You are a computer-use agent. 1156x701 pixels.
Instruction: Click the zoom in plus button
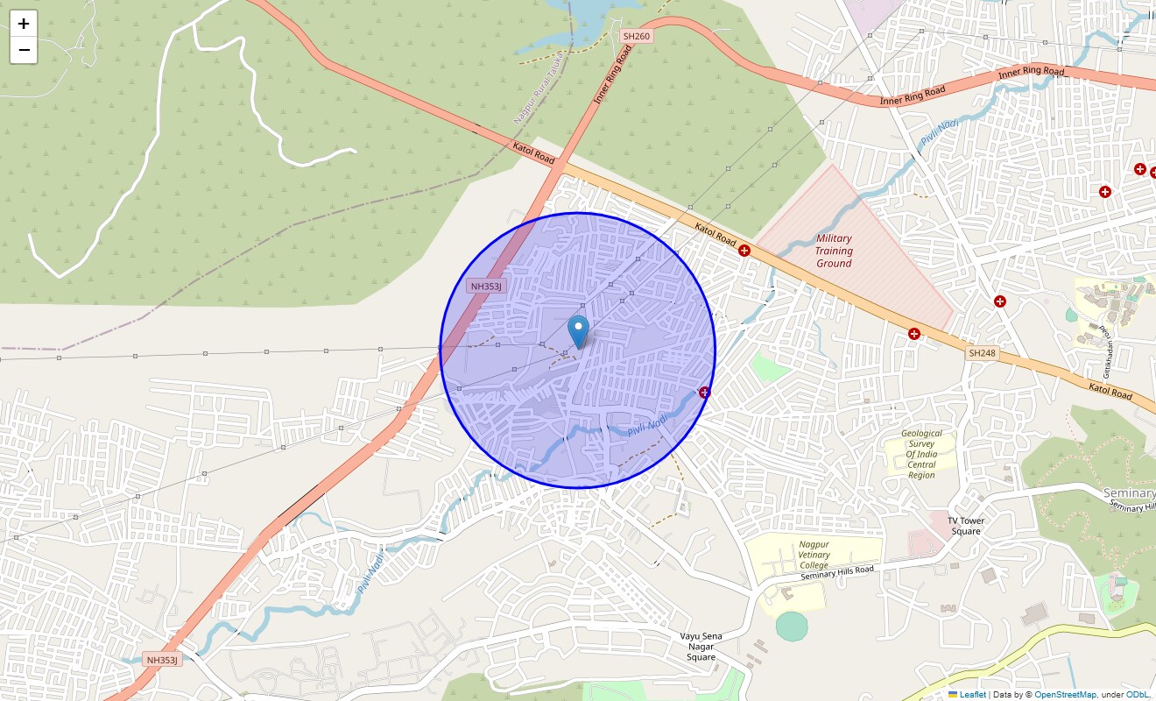pos(24,24)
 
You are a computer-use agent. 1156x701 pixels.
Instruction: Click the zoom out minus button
pos(24,50)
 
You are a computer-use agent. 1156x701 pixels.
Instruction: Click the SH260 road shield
pos(636,36)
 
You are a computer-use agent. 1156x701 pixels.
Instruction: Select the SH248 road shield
pos(982,353)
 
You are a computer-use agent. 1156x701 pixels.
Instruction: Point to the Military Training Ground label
pos(834,251)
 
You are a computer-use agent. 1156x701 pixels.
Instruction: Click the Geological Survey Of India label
pos(921,454)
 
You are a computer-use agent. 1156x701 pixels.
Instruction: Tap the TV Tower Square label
pos(966,526)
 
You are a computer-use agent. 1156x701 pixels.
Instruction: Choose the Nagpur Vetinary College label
pos(814,555)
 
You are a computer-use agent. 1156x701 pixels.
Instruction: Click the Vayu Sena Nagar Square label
pos(701,646)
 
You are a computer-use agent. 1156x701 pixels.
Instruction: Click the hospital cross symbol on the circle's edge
pos(704,392)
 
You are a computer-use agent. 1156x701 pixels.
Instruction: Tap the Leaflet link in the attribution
pos(972,695)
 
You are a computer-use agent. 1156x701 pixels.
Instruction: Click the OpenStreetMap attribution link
pos(1065,695)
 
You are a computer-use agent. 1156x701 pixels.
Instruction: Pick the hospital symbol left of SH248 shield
pos(914,333)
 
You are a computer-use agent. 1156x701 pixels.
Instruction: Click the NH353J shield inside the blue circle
pos(486,287)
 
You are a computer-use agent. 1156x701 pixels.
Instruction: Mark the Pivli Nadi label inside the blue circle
pos(648,426)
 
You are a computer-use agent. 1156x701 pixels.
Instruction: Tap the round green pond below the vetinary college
pos(792,627)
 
